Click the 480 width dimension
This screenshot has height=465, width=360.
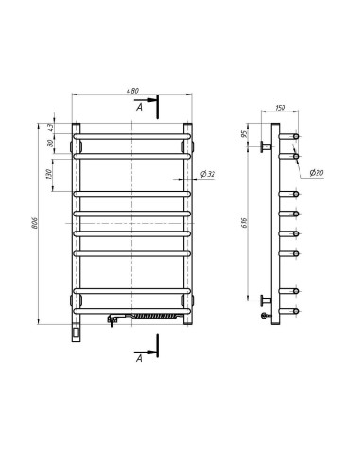click(132, 91)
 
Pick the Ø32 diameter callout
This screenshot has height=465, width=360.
click(208, 174)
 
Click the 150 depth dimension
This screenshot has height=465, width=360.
click(280, 108)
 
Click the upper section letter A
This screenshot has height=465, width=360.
click(139, 108)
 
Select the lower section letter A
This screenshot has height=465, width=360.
click(139, 358)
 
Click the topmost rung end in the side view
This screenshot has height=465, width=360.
click(298, 137)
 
